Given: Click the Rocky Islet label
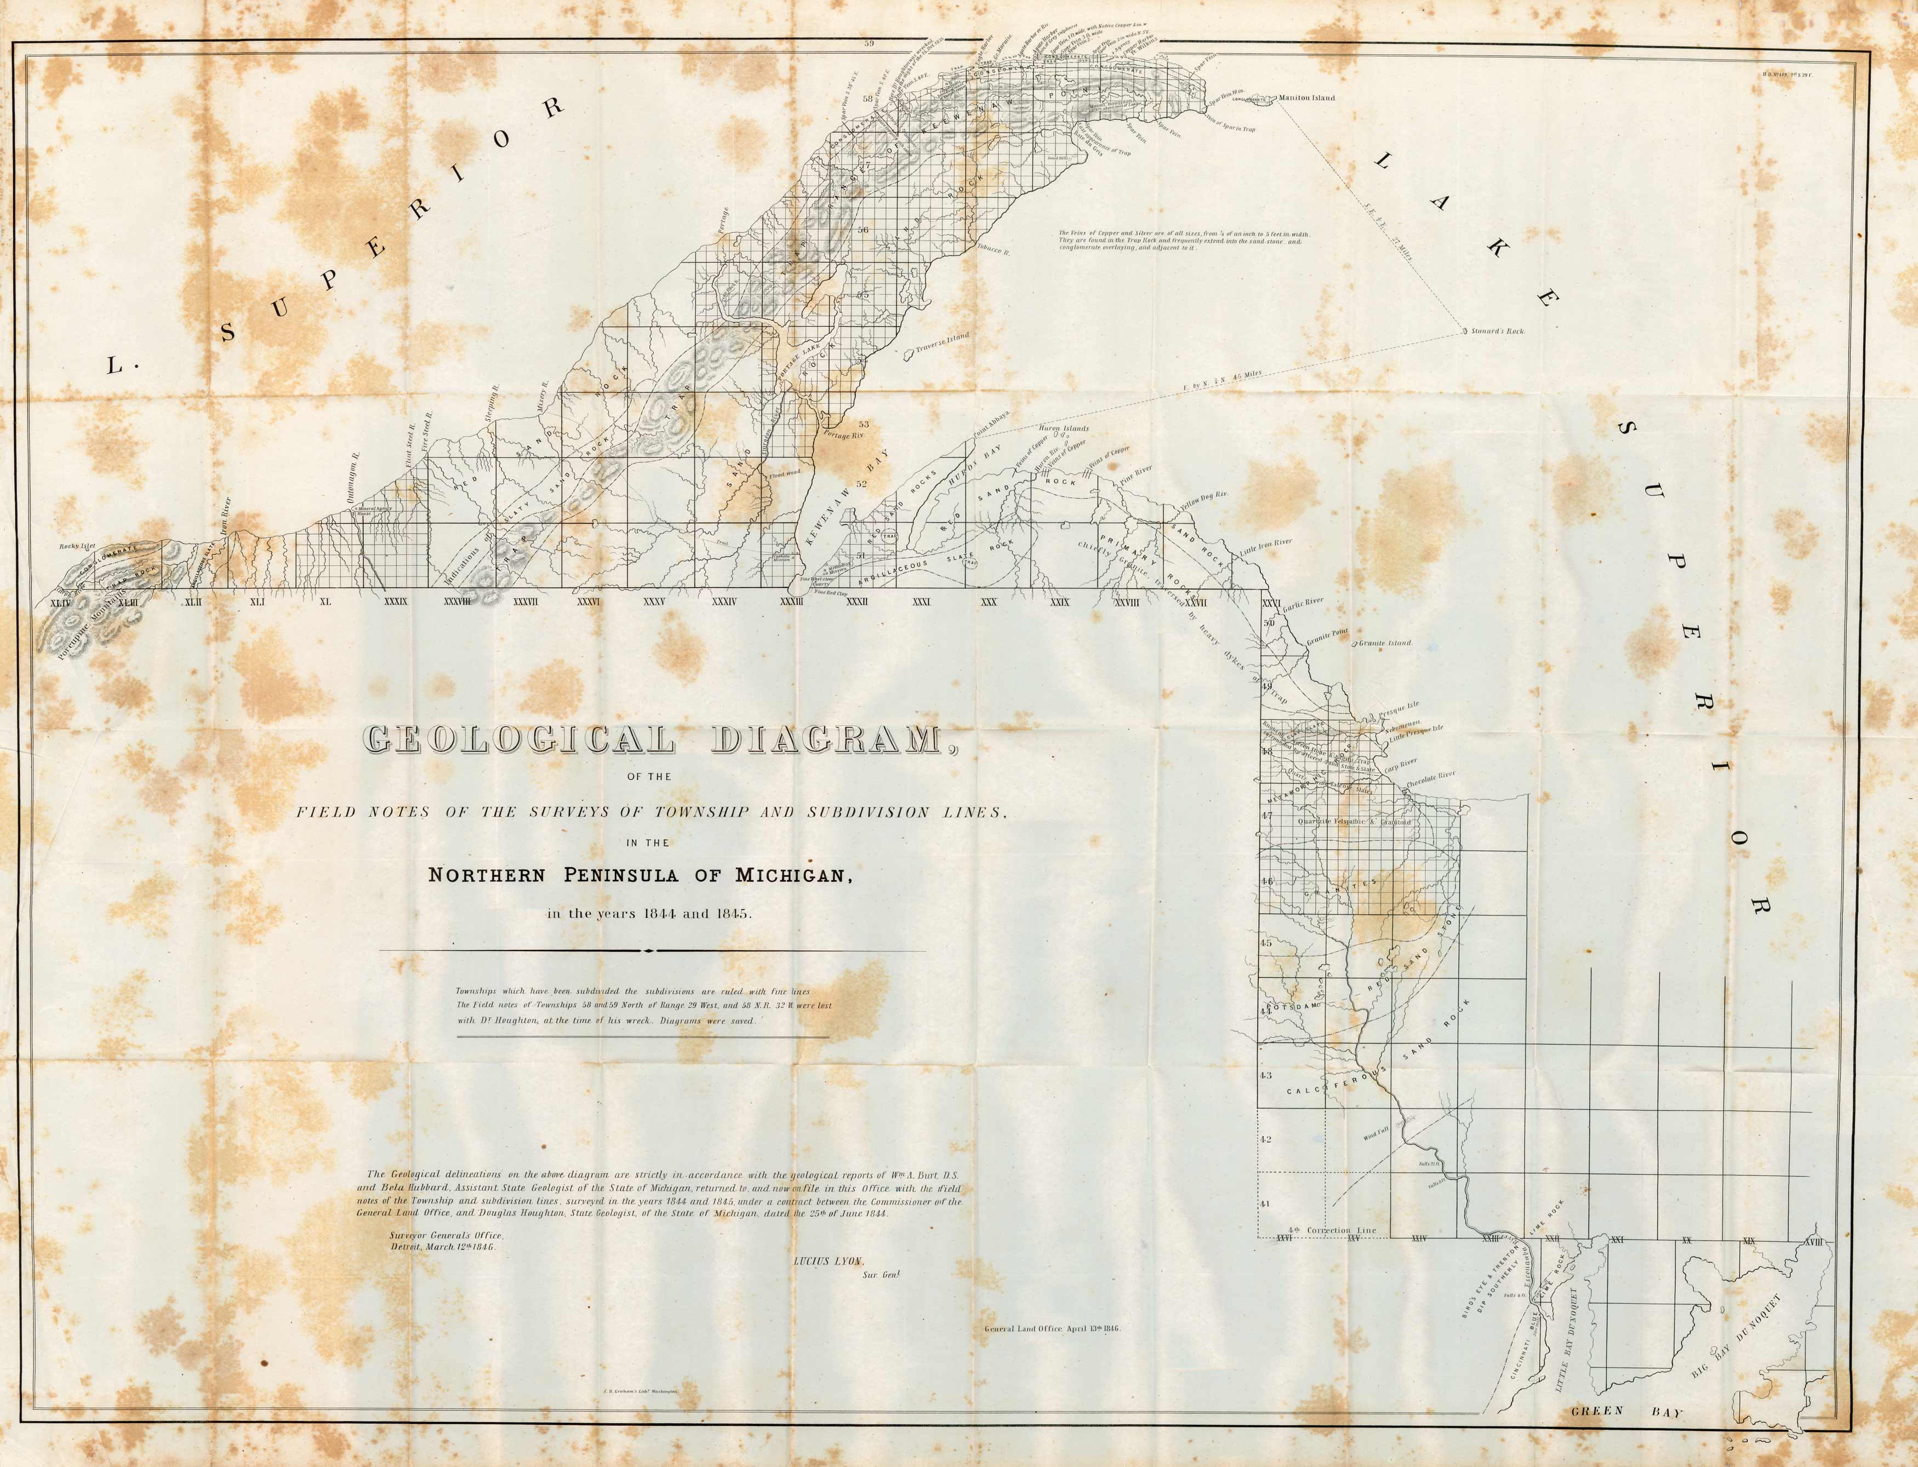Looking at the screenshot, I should (77, 547).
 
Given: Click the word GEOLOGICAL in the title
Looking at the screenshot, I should (519, 741).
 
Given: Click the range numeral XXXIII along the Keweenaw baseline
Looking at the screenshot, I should (791, 601).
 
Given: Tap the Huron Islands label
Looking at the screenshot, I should (1063, 429).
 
